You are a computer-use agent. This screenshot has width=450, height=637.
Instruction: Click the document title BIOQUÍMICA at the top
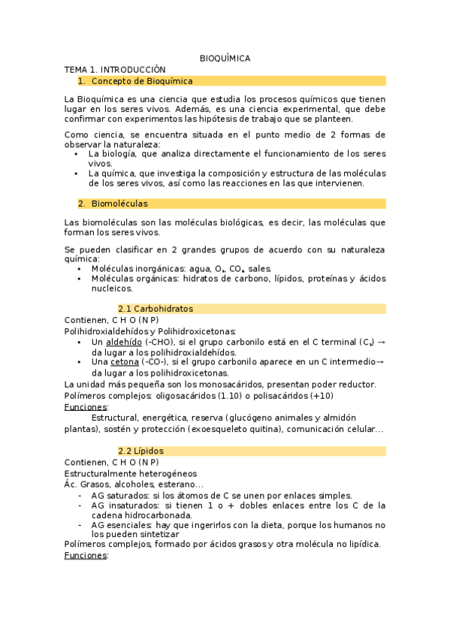click(x=225, y=58)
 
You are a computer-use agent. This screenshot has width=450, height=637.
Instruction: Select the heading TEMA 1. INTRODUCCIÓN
click(x=114, y=69)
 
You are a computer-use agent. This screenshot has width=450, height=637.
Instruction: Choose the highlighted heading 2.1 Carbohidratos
click(x=156, y=309)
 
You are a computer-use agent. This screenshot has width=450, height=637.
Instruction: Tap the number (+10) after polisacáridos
click(x=320, y=396)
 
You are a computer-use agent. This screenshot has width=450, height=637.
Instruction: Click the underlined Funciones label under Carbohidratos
click(x=86, y=407)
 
